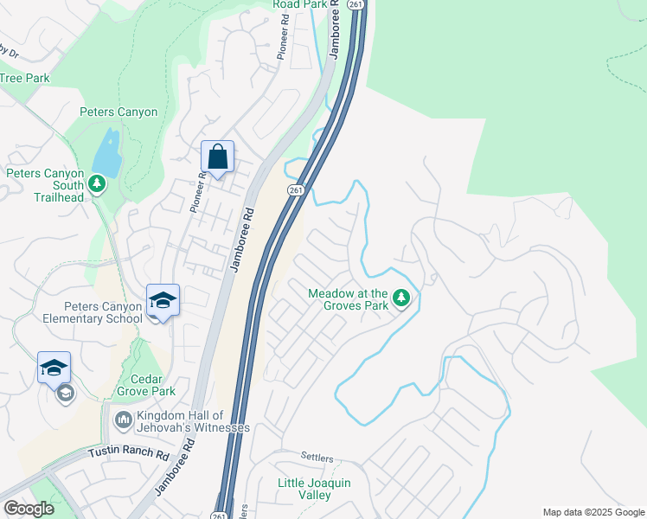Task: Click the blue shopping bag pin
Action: [x=217, y=157]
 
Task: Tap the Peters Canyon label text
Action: [x=119, y=112]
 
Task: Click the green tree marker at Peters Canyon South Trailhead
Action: [x=98, y=183]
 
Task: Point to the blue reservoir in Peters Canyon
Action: [x=107, y=152]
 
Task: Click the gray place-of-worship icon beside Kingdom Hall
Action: [x=122, y=421]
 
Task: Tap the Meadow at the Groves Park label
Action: [x=348, y=298]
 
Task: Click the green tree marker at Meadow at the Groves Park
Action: [x=400, y=298]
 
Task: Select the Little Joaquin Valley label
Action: [x=314, y=489]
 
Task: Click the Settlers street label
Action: [x=317, y=456]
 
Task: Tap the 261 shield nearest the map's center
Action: [x=296, y=190]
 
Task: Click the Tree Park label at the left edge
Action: [x=25, y=78]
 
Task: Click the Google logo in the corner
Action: [x=29, y=509]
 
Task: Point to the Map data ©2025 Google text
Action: [x=593, y=512]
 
